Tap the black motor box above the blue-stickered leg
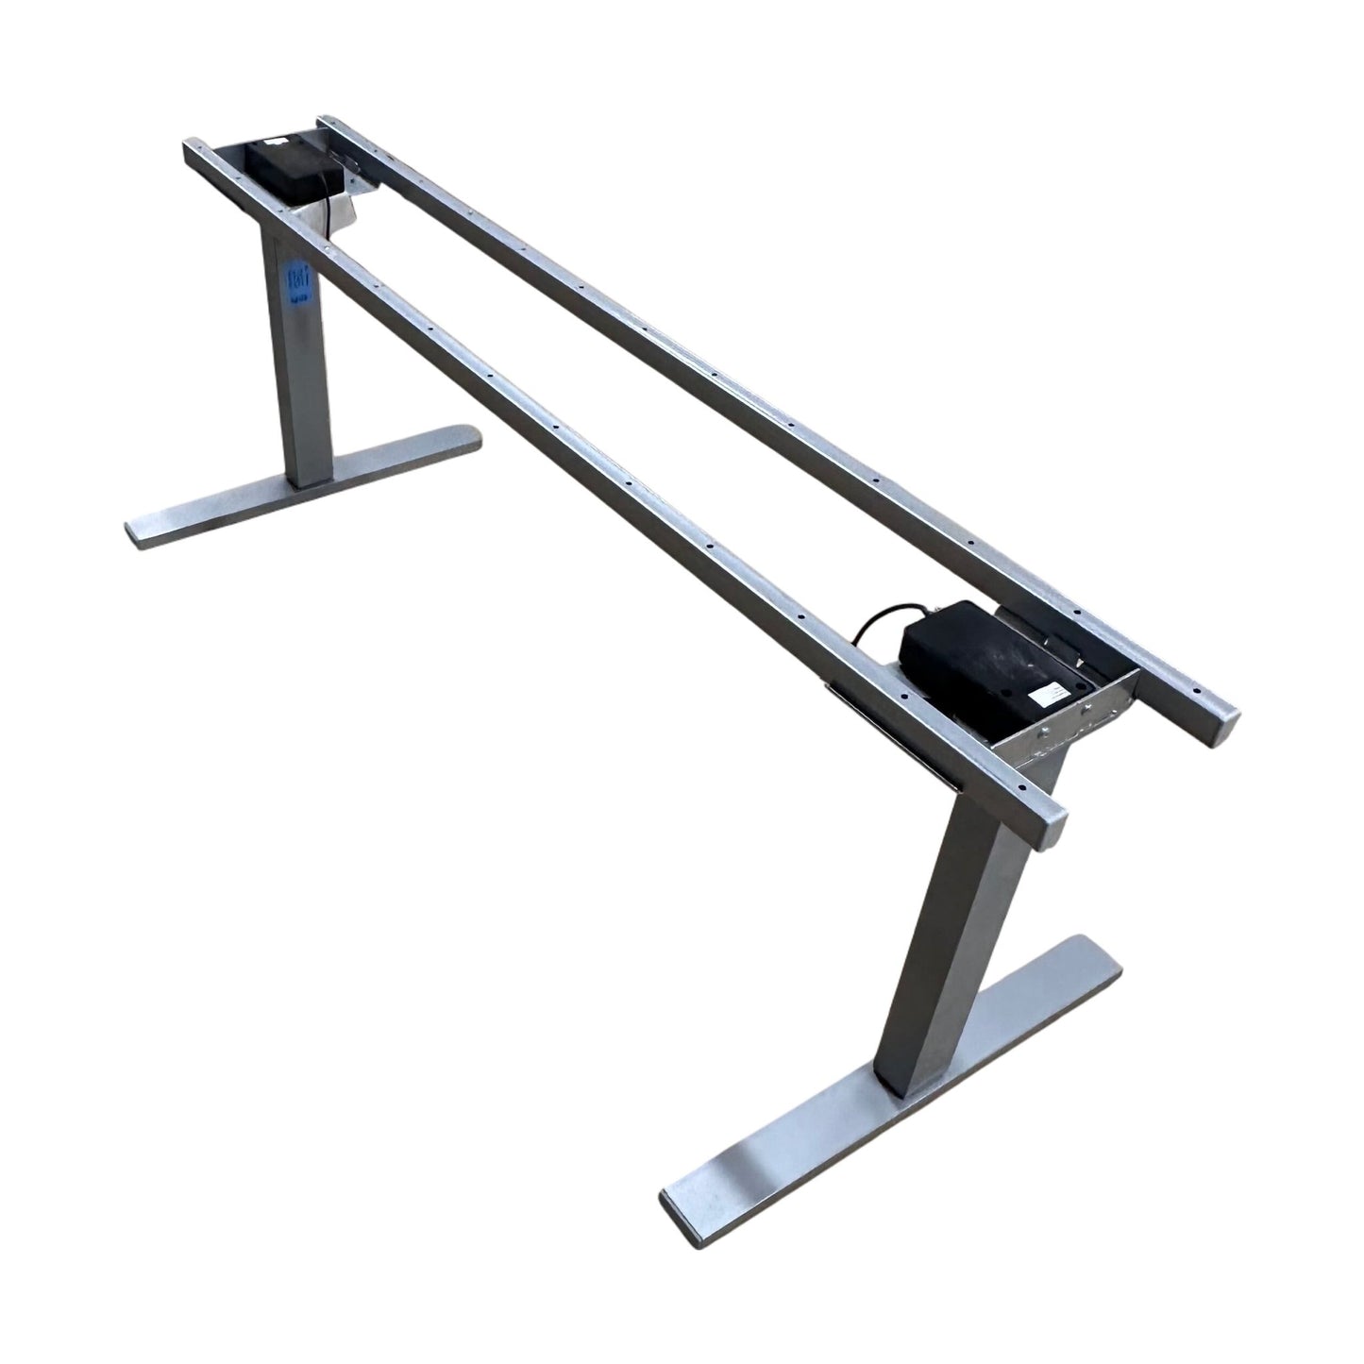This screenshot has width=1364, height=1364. click(282, 169)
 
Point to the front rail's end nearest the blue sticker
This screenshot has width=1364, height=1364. click(193, 152)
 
